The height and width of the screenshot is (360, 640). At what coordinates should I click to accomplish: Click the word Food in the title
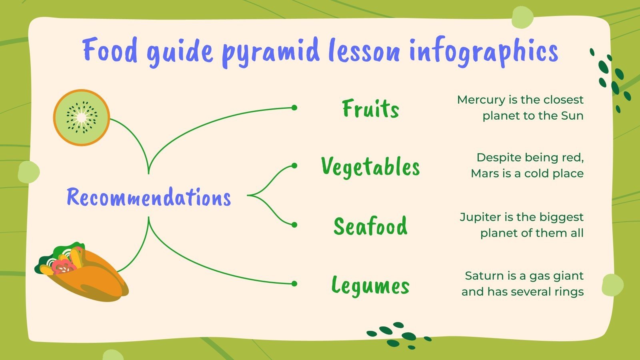[x=110, y=51]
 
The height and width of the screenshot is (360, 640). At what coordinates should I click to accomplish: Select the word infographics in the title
[x=483, y=52]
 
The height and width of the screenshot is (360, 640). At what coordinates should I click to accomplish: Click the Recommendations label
[x=149, y=197]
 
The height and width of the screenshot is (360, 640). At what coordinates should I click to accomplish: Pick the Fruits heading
[x=371, y=108]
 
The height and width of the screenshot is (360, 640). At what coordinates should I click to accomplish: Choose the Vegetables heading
[x=371, y=166]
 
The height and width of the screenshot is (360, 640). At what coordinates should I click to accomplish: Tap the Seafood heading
[x=371, y=226]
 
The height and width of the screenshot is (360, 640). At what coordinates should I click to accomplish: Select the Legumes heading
[x=371, y=286]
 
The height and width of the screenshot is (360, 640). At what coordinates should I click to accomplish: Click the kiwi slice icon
[x=82, y=117]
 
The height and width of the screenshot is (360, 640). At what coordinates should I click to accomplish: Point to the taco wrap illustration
[x=84, y=272]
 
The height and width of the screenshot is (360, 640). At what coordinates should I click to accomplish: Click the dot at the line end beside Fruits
[x=294, y=108]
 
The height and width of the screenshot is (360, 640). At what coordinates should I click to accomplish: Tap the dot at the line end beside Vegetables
[x=294, y=166]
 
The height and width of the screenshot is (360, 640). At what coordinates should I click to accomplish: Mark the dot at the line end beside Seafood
[x=294, y=225]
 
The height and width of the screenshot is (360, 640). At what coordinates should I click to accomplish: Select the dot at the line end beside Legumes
[x=294, y=284]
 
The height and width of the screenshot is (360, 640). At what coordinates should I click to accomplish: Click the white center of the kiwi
[x=82, y=117]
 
